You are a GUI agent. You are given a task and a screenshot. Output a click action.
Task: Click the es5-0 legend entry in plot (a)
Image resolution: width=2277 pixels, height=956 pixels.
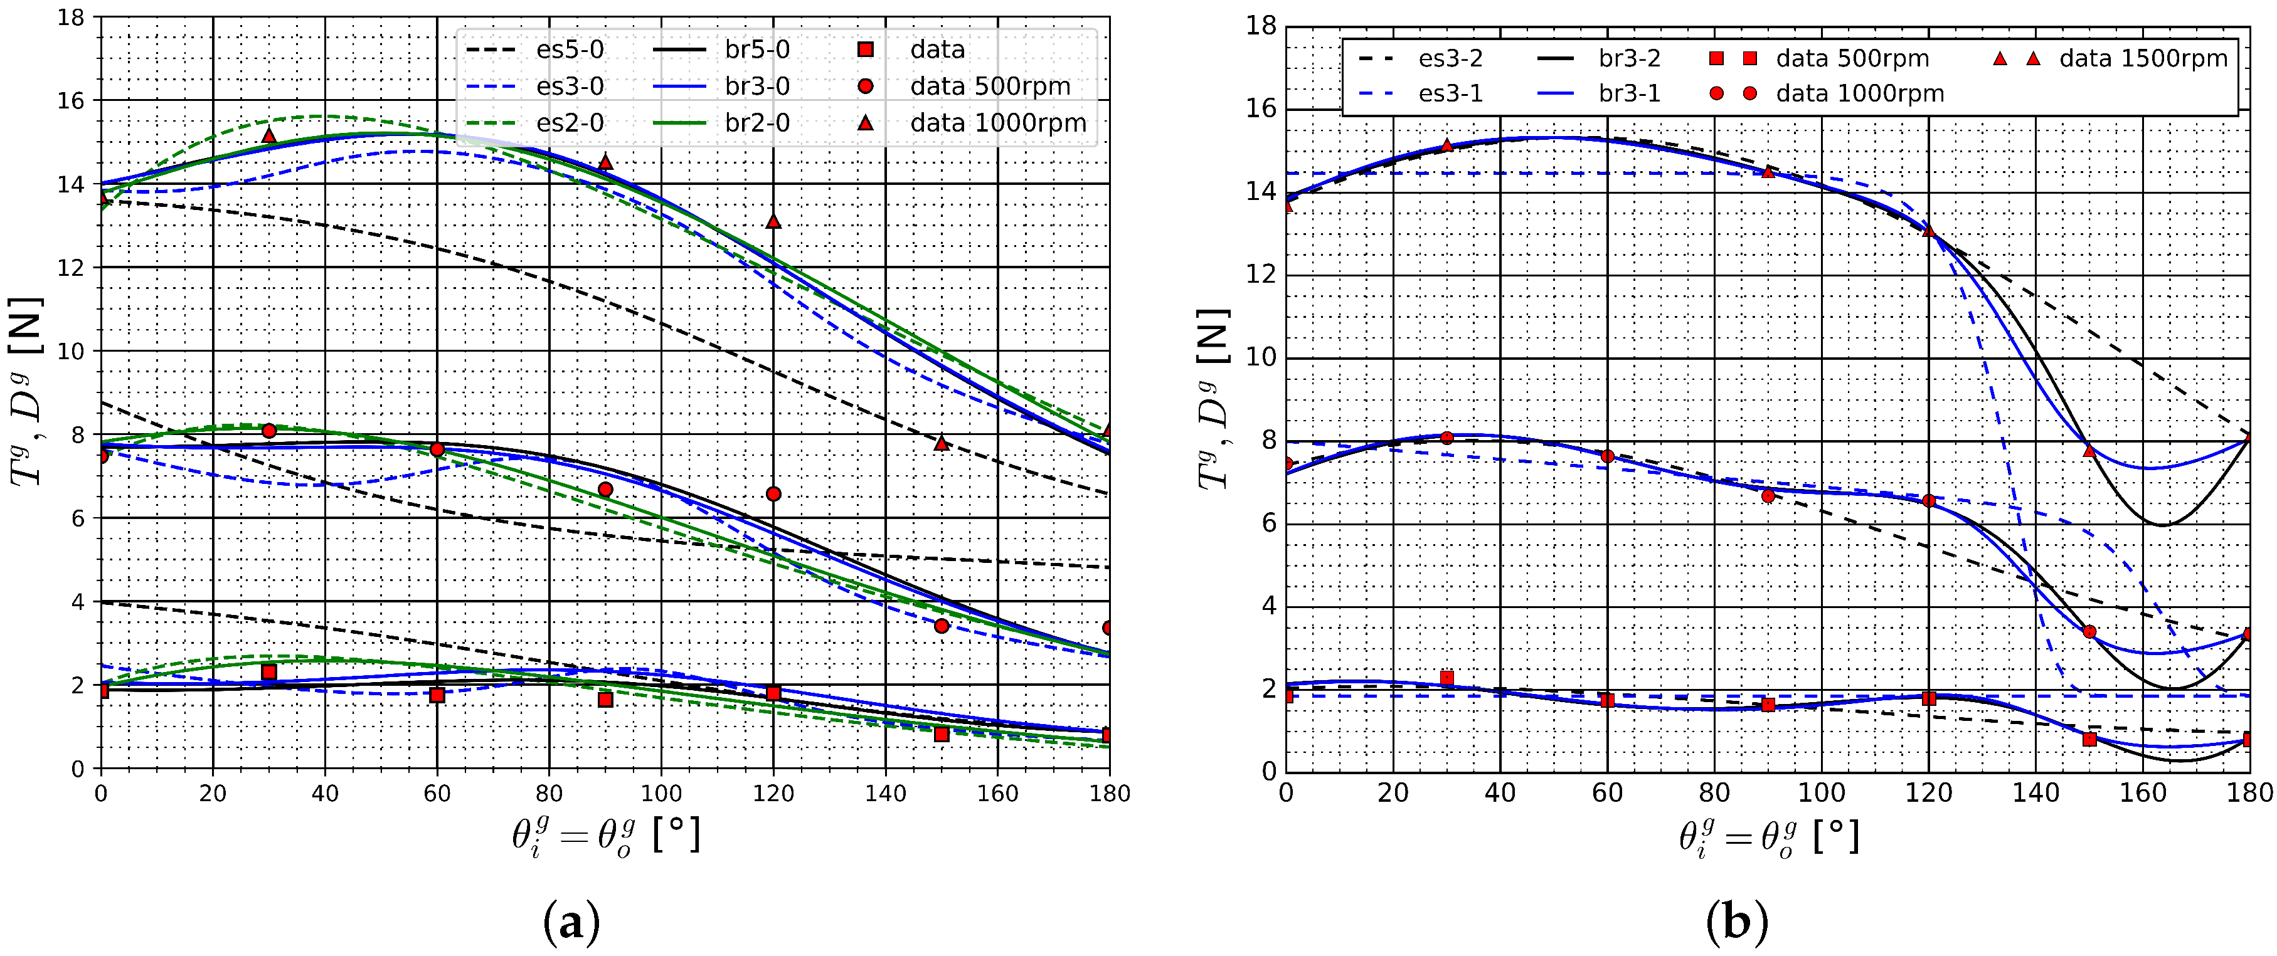[x=570, y=50]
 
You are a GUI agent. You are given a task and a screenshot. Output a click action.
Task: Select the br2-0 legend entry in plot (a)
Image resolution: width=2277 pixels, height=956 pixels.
[x=756, y=123]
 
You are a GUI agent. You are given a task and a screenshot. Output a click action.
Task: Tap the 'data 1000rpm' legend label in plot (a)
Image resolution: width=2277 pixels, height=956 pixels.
[x=998, y=123]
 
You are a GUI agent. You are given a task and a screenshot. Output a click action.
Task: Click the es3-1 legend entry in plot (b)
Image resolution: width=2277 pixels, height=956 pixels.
[x=1450, y=93]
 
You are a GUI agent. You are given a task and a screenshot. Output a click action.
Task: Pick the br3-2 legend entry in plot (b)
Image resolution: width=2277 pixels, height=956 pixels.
[x=1629, y=59]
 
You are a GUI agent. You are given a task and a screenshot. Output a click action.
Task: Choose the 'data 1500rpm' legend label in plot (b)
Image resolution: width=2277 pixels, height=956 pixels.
[x=2143, y=59]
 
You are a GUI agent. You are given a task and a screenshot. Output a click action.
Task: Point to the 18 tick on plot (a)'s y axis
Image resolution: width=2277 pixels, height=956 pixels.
[x=71, y=17]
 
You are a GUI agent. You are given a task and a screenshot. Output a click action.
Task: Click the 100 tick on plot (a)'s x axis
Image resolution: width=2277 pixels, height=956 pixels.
[x=661, y=794]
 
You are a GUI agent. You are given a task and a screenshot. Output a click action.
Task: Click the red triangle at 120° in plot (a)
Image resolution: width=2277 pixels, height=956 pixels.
[x=773, y=221]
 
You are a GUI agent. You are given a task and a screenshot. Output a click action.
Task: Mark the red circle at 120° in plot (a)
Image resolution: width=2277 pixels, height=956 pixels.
[x=773, y=494]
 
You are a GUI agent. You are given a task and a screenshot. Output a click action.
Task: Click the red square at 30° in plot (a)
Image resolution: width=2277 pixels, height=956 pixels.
[x=268, y=673]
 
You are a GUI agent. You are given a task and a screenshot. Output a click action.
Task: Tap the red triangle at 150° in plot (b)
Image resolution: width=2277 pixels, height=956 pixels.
[x=2089, y=451]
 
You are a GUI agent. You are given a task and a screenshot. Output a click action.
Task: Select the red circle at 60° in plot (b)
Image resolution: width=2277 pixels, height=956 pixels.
[x=1607, y=456]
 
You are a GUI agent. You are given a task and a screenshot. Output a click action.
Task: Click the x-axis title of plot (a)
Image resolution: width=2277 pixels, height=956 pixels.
[x=605, y=835]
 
